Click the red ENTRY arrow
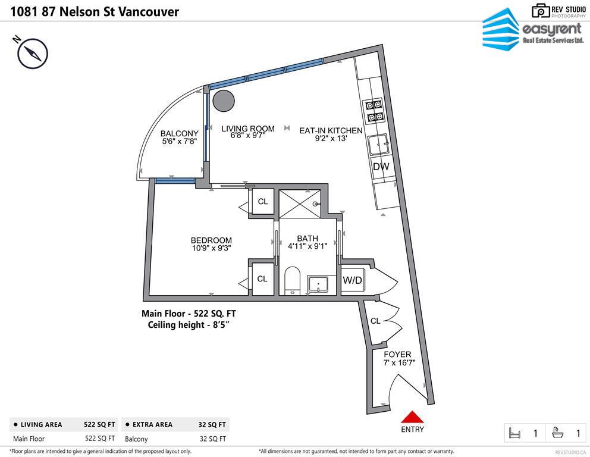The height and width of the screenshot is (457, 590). [412, 417]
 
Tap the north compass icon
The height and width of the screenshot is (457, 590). [32, 54]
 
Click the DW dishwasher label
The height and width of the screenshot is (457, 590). [381, 167]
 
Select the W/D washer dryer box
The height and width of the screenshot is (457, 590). [353, 280]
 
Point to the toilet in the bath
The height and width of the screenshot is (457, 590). [292, 280]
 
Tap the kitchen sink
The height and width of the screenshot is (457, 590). [378, 145]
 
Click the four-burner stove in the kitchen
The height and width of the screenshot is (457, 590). [374, 111]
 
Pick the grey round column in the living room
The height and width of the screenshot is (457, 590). [224, 101]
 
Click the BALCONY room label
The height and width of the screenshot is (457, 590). [179, 134]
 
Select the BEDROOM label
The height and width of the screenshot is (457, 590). [211, 240]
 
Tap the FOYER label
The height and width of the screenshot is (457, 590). [397, 355]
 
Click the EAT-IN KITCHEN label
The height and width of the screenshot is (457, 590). [331, 131]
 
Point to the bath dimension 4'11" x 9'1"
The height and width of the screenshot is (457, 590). [307, 246]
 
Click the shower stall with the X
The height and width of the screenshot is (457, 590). [300, 204]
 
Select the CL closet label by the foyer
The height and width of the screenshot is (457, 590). [375, 321]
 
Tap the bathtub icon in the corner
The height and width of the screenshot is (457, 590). [558, 433]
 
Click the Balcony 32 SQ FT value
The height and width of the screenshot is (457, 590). [212, 439]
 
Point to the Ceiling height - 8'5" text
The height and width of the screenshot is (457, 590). [189, 325]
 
